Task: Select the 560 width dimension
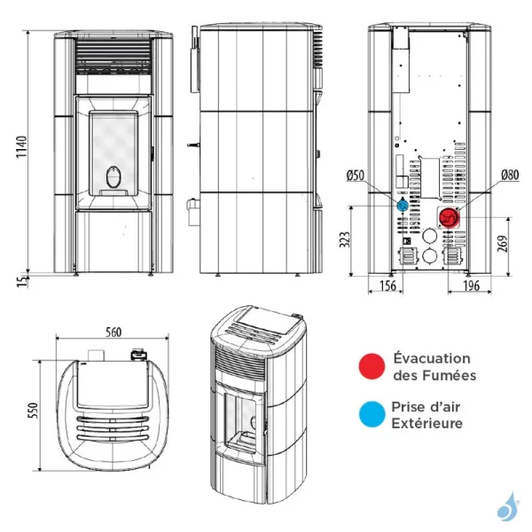tap(113, 332)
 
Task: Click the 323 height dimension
tap(346, 239)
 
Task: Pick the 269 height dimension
tap(504, 244)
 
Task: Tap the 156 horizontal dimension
tap(387, 286)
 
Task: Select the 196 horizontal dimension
tap(470, 286)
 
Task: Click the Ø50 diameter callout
tap(356, 176)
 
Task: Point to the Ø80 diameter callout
tap(509, 176)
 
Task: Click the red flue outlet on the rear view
tap(449, 217)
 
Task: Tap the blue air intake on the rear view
tap(403, 206)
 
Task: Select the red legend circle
tap(370, 366)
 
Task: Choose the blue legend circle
tap(370, 414)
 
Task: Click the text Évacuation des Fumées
tap(434, 367)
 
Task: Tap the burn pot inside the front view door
tap(113, 178)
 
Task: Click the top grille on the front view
tap(113, 60)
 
